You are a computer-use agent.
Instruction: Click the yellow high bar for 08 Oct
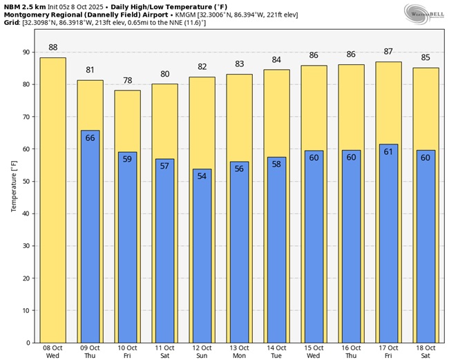tap(52, 200)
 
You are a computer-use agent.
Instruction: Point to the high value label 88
tap(52, 47)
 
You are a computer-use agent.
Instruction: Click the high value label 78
tap(127, 80)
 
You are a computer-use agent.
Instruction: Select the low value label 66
tap(90, 138)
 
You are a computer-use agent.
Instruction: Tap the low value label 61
tap(388, 152)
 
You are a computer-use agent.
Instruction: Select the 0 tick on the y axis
tap(26, 343)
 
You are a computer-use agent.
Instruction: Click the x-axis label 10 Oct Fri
tap(127, 351)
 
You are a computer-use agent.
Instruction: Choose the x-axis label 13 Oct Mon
tap(239, 351)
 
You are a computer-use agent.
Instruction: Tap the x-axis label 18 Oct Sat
tap(426, 351)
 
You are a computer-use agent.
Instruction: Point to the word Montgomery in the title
tap(28, 14)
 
